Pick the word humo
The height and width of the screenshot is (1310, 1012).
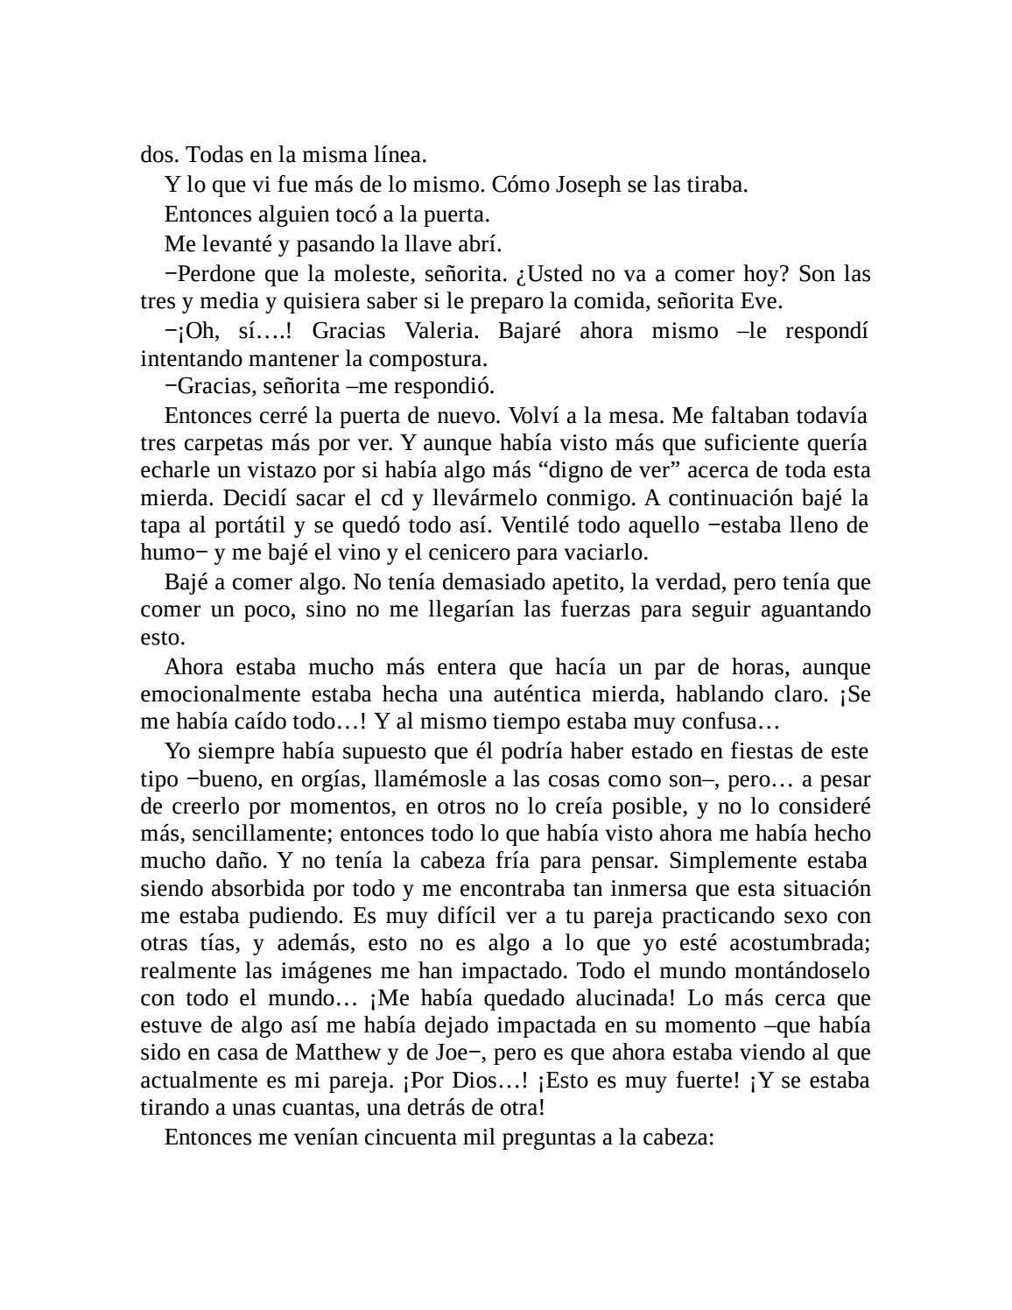coord(166,553)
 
